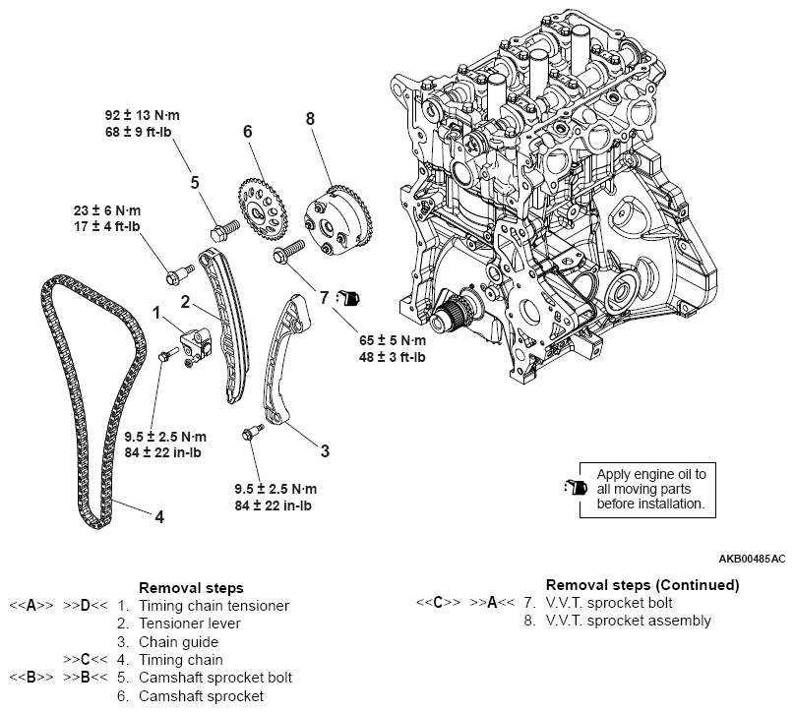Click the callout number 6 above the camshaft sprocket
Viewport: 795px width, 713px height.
coord(248,131)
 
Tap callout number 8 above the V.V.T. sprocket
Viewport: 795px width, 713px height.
coord(310,119)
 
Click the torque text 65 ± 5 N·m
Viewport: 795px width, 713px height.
coord(392,339)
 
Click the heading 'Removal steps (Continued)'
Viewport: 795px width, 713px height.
coord(642,585)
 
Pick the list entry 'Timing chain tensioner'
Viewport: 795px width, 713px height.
coord(214,606)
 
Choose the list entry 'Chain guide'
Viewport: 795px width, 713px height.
coord(178,642)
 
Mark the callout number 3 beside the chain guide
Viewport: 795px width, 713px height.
coord(324,451)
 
